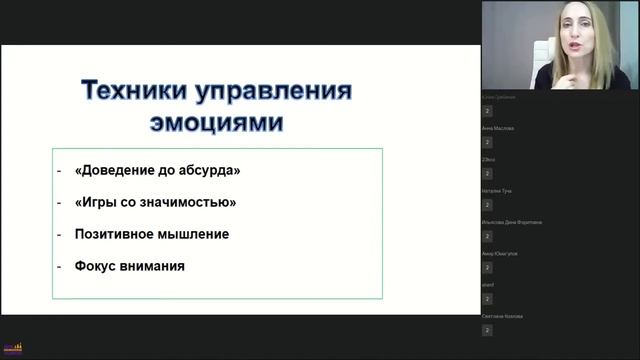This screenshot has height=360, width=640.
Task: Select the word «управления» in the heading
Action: [274, 93]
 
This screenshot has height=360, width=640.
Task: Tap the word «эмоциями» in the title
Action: [215, 123]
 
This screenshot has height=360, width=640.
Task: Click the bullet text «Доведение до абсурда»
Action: [157, 170]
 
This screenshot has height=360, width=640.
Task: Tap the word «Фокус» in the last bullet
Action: [95, 267]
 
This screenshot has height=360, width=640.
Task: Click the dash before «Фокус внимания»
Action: [59, 267]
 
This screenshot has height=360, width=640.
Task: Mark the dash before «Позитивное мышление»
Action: [59, 234]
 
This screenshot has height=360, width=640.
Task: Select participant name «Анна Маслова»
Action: [498, 129]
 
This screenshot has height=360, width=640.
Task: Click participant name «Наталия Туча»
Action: [498, 191]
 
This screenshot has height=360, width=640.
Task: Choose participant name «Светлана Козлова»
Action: [502, 316]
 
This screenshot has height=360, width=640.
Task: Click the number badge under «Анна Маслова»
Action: [487, 142]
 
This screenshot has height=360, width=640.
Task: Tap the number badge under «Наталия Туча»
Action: [487, 204]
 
